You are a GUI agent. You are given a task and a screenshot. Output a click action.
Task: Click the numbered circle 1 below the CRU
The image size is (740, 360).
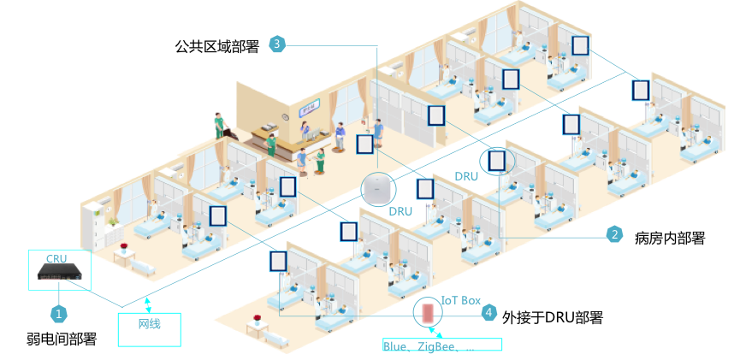click(x=58, y=314)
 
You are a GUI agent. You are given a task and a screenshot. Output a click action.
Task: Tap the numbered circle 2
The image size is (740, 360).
click(x=613, y=233)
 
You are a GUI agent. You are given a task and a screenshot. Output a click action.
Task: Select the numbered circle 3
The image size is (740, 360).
click(x=276, y=44)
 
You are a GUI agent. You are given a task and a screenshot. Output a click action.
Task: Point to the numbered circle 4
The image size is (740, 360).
click(x=488, y=313)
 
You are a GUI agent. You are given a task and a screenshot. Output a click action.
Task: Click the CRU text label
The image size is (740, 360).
click(x=56, y=258)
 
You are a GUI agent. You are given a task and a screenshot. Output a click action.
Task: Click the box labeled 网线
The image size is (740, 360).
click(x=149, y=329)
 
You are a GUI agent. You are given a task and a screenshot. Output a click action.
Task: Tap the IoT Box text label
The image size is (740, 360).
click(x=460, y=300)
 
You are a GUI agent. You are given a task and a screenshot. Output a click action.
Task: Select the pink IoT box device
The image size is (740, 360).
click(x=428, y=313)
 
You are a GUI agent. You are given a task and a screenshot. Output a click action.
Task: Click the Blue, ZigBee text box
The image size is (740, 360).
click(x=441, y=345)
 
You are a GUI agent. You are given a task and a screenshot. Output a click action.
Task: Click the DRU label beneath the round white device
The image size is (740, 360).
click(x=401, y=210)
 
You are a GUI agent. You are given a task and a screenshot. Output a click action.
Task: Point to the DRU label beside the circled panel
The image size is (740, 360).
click(x=466, y=176)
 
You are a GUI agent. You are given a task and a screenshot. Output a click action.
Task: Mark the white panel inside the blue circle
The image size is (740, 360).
click(x=497, y=160)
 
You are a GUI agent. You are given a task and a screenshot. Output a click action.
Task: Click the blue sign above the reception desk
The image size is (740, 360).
click(x=308, y=109)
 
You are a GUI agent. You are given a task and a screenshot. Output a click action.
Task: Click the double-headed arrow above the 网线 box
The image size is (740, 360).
click(x=148, y=304)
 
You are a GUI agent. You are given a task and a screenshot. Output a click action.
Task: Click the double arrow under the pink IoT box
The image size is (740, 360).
click(x=435, y=333)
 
